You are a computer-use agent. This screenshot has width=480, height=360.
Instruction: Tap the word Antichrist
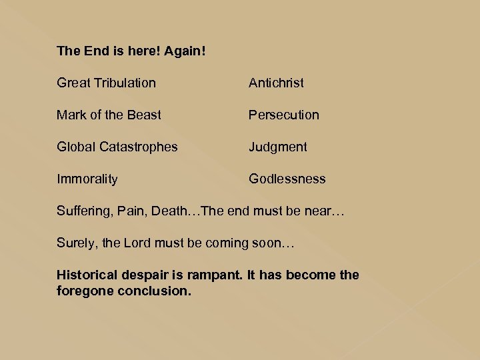click(x=276, y=83)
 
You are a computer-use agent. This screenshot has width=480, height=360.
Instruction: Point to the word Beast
click(x=144, y=115)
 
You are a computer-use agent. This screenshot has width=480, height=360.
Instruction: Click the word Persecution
click(x=284, y=115)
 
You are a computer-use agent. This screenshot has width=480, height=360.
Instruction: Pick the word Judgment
click(x=278, y=147)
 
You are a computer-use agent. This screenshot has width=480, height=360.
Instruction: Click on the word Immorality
click(x=87, y=179)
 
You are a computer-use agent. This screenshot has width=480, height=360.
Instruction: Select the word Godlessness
click(x=287, y=179)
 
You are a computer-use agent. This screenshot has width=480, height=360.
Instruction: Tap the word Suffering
click(x=83, y=211)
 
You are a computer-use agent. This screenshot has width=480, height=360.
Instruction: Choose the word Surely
click(x=75, y=243)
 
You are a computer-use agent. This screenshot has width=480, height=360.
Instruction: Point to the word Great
click(x=73, y=83)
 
